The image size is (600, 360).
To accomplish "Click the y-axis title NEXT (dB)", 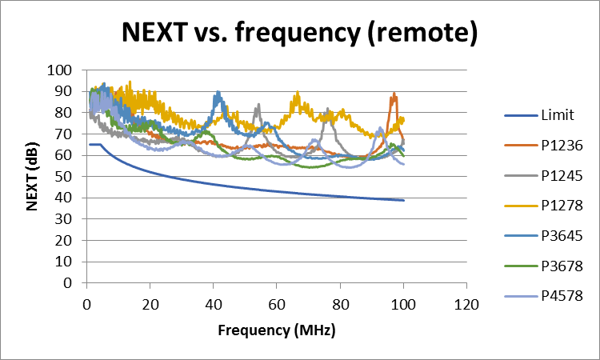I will click(x=33, y=177).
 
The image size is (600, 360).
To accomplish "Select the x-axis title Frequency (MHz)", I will click(x=276, y=330).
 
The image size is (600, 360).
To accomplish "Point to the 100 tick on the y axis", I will click(x=62, y=70).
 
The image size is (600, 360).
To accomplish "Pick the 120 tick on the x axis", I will click(x=466, y=304).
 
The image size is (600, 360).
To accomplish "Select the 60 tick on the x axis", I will click(x=277, y=304).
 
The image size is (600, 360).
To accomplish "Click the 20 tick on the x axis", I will click(x=150, y=304).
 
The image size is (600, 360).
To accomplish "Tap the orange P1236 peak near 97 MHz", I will click(x=394, y=94).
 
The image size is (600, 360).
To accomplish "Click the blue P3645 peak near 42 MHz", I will click(x=218, y=94).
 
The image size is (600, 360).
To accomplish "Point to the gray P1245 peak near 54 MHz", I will click(x=258, y=105).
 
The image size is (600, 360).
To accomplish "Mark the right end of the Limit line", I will click(x=403, y=200).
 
